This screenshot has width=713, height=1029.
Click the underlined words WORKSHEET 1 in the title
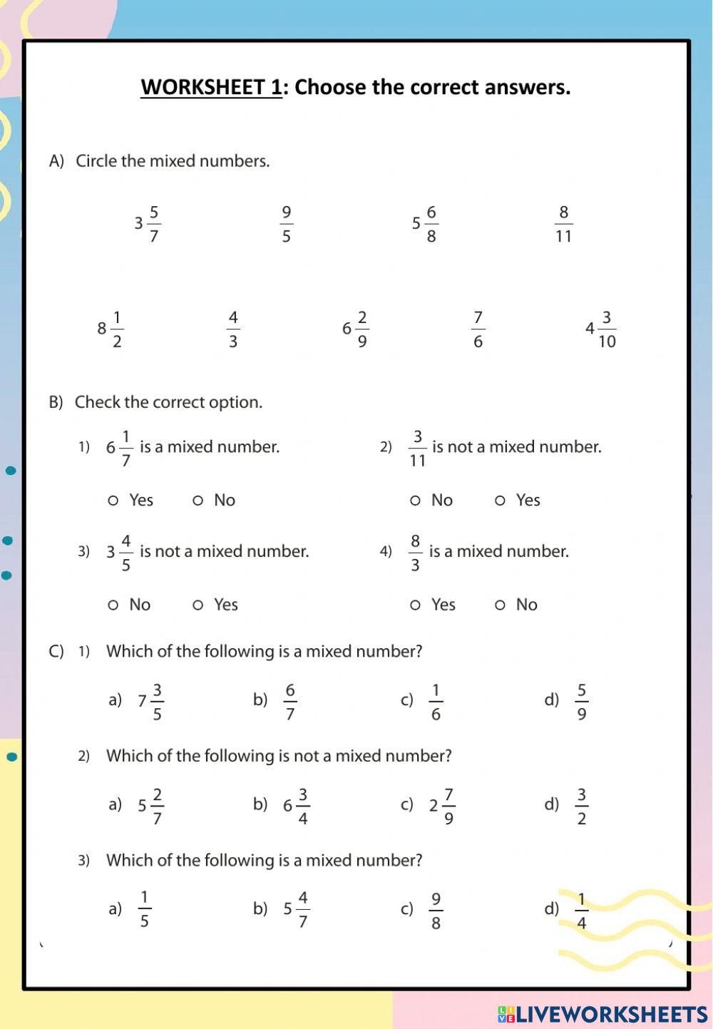pos(211,87)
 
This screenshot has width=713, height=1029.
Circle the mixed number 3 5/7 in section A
pos(148,224)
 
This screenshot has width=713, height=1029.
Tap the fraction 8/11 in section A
pos(563,224)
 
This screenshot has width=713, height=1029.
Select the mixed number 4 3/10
pos(600,329)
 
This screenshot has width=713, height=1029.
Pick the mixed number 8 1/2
pos(111,329)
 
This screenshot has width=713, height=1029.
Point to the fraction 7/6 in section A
pos(478,329)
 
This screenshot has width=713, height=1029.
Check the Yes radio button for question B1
pos(113,501)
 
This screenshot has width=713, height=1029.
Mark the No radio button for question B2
pos(415,501)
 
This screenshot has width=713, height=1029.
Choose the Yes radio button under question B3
pos(198,605)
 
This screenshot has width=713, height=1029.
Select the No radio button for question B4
pos(500,605)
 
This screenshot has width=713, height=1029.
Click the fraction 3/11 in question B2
pos(417,449)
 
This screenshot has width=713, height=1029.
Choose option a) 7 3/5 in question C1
pos(150,702)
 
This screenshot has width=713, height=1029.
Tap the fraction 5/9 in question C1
pos(582,702)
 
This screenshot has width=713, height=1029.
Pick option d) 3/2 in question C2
pos(582,807)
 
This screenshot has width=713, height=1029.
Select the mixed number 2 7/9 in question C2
pos(442,807)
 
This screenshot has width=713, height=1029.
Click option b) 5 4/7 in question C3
pos(296,910)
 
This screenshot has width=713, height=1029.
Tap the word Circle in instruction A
pos(96,161)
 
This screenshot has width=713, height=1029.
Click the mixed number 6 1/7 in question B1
pos(120,449)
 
